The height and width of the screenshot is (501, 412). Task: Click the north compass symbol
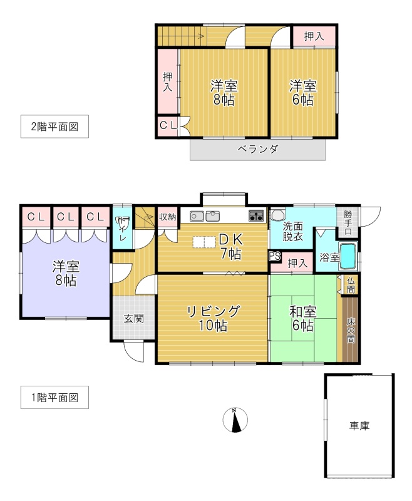click(x=235, y=420)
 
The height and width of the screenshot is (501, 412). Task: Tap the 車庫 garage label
click(x=359, y=426)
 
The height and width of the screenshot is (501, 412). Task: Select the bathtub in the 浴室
click(x=348, y=256)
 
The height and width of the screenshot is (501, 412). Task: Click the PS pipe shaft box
click(x=275, y=256)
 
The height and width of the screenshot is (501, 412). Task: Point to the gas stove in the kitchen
click(x=257, y=216)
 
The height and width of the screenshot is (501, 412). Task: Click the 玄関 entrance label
click(x=134, y=318)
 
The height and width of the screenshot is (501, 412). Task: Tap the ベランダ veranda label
click(x=258, y=149)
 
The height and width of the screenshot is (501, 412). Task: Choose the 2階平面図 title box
click(x=54, y=127)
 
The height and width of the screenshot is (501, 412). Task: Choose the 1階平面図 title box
click(x=54, y=397)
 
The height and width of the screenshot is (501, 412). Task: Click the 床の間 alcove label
click(x=351, y=331)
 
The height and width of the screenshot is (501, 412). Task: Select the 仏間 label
click(x=351, y=286)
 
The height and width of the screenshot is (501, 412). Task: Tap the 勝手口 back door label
click(x=348, y=222)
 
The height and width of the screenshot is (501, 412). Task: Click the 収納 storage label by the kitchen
click(x=167, y=217)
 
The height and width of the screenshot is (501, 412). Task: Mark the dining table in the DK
click(x=204, y=242)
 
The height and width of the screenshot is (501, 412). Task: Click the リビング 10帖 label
click(x=213, y=318)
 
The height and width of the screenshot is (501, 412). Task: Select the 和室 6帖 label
click(x=303, y=318)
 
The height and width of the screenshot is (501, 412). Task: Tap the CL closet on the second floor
click(x=168, y=126)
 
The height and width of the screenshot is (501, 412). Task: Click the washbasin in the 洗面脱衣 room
click(x=278, y=214)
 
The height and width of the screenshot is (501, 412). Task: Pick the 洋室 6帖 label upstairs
click(x=303, y=93)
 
